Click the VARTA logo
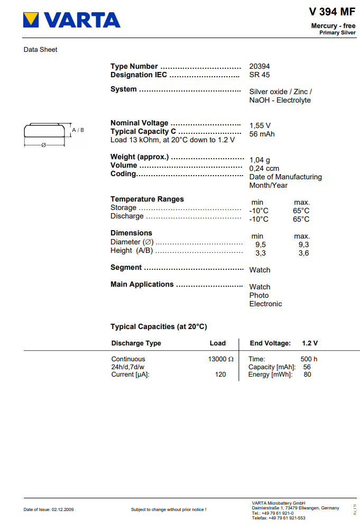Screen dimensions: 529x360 72,21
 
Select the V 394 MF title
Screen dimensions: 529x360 332,12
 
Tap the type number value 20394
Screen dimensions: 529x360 260,66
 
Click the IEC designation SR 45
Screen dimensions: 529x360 260,75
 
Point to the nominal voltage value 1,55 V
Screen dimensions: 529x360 260,125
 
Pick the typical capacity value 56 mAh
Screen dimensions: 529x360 262,134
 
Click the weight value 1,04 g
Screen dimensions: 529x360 260,160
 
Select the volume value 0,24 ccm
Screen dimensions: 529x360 264,168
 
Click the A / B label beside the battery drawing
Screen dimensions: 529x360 78,130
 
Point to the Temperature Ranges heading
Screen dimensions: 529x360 147,199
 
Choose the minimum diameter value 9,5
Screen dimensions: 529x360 260,244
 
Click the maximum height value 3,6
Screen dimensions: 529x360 303,253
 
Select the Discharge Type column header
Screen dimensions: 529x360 136,343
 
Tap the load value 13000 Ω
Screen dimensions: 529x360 221,359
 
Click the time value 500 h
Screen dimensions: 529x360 309,359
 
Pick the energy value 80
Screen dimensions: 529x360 307,375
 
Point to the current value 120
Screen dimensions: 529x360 220,375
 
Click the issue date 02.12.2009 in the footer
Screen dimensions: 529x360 62,509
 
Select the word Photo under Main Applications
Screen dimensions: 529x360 259,295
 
